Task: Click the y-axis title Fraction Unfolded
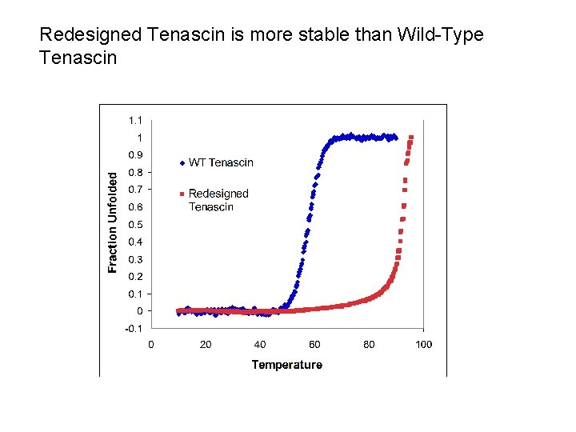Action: (x=113, y=220)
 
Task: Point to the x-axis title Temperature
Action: (x=286, y=365)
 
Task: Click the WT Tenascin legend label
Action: (x=221, y=162)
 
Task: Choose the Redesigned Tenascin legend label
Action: (x=218, y=200)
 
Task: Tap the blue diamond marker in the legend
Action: (x=182, y=163)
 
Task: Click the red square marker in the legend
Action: (x=182, y=194)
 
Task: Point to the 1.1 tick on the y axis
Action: (x=135, y=120)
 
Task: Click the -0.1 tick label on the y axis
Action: (x=134, y=329)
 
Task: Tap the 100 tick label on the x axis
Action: (x=423, y=345)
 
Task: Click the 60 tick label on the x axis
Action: (x=314, y=345)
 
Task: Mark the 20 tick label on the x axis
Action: (x=206, y=345)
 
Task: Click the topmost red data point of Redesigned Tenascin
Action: (x=411, y=137)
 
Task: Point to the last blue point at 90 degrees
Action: (x=395, y=138)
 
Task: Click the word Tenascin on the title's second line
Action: (x=78, y=58)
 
